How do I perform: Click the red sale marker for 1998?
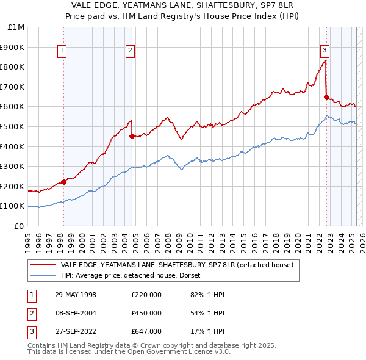click(x=63, y=182)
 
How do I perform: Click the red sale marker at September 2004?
click(x=132, y=137)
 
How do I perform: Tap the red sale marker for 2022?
click(x=326, y=97)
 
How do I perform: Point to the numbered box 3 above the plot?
click(x=325, y=51)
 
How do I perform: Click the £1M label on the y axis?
click(x=16, y=27)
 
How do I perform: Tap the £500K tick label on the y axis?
click(x=13, y=126)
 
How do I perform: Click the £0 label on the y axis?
click(x=19, y=226)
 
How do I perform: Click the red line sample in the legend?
click(x=43, y=265)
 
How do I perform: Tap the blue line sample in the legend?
click(x=43, y=275)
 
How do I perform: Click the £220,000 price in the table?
click(x=146, y=295)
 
